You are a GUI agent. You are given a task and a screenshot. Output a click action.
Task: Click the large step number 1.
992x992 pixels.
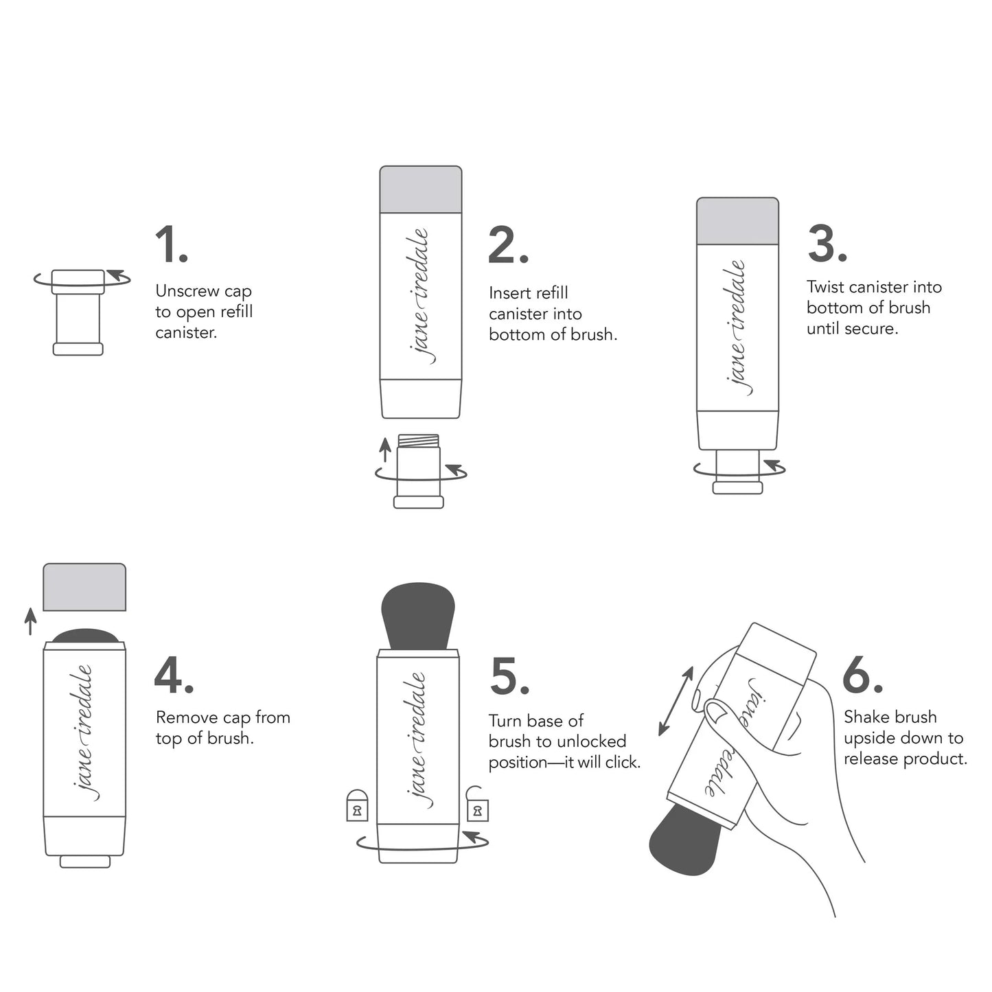click(170, 244)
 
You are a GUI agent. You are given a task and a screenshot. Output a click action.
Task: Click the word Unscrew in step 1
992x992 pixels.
click(187, 291)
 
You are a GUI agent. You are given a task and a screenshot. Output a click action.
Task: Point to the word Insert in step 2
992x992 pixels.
click(507, 293)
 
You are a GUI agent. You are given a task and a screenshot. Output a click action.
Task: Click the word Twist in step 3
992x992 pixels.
click(826, 287)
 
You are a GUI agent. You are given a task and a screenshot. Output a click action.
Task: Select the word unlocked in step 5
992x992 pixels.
click(591, 741)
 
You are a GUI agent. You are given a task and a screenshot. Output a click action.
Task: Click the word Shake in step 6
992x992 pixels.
click(867, 717)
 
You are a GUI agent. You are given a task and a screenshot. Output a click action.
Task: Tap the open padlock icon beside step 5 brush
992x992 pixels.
click(477, 805)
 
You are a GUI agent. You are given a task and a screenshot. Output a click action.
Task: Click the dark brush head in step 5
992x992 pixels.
click(418, 614)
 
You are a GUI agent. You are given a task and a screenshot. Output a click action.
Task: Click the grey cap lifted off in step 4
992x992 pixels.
click(84, 587)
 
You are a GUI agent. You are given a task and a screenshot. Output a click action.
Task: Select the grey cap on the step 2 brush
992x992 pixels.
click(420, 189)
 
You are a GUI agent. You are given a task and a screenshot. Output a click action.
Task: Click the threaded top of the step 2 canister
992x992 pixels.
click(419, 440)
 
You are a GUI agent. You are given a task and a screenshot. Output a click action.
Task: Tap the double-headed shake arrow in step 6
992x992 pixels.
click(676, 701)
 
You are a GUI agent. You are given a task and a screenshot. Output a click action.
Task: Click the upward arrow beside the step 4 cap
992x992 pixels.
click(30, 621)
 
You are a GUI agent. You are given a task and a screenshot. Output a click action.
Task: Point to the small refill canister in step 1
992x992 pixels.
click(78, 314)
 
